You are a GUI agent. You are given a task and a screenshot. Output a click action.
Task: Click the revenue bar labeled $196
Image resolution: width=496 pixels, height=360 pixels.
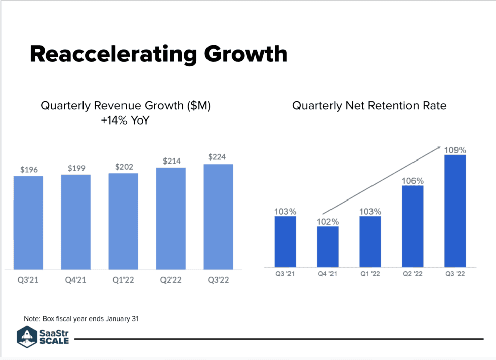[28, 223]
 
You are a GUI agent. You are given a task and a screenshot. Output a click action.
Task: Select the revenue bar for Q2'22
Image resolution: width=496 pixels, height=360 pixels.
[171, 218]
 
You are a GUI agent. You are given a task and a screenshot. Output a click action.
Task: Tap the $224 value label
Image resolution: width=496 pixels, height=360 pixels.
[219, 157]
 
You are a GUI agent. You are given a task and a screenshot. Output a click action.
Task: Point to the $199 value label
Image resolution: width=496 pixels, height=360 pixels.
[76, 168]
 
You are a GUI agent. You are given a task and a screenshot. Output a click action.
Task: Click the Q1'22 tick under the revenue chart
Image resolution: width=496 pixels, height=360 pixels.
[123, 281]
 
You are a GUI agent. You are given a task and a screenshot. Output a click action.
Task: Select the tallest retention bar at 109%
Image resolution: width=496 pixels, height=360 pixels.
[454, 211]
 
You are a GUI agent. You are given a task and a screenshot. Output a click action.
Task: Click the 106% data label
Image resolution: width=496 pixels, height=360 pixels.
[413, 181]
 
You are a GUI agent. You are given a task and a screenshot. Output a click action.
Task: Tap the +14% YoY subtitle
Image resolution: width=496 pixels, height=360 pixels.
[126, 121]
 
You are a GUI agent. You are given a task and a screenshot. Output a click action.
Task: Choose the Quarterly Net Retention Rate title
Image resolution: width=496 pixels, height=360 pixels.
[369, 106]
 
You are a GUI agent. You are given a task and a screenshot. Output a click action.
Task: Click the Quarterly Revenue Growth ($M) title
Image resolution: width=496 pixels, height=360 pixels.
[126, 106]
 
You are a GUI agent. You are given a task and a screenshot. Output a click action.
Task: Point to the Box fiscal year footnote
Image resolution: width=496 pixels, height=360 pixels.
[81, 318]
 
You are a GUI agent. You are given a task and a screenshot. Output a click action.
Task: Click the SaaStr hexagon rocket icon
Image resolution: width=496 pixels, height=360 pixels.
[26, 336]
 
